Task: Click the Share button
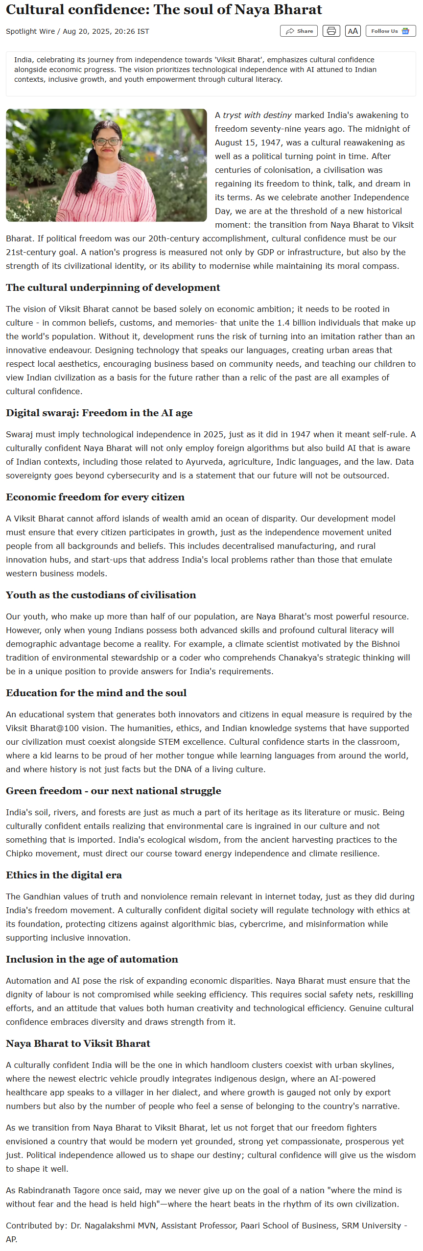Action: [299, 31]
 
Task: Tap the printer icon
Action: [331, 31]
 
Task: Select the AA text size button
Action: [352, 31]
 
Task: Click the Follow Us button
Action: [390, 31]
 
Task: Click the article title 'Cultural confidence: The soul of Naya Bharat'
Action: [164, 10]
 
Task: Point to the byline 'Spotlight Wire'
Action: [30, 31]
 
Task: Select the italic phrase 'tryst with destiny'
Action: [257, 115]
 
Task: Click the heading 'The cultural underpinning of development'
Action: [113, 287]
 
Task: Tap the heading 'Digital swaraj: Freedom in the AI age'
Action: [99, 413]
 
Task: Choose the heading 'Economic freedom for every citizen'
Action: [95, 497]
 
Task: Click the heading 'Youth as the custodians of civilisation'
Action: [101, 595]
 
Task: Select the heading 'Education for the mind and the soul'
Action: [96, 693]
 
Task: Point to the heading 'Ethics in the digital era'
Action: [64, 875]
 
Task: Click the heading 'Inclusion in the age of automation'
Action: [92, 959]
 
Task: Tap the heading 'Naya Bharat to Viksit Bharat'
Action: [78, 1043]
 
